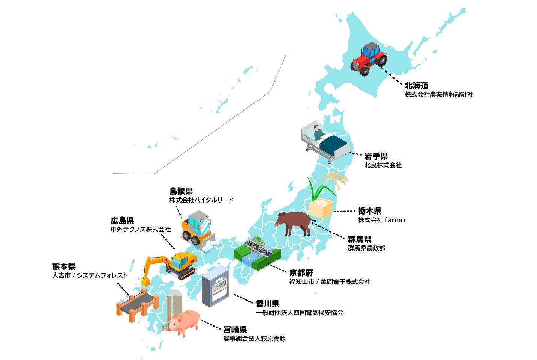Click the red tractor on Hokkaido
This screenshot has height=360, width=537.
tap(368, 59)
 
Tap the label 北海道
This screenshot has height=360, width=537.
tap(416, 85)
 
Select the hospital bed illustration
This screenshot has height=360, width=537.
tap(325, 143)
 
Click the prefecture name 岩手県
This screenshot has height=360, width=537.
tap(376, 156)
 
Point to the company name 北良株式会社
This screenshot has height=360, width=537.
tap(383, 165)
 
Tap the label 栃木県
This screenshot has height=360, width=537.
tap(369, 211)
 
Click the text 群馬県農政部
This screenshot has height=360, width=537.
tap(366, 248)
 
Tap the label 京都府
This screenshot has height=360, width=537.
tap(301, 272)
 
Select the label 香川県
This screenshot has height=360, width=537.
tap(268, 303)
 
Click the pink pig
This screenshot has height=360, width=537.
tap(184, 322)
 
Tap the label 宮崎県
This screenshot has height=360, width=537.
tap(235, 330)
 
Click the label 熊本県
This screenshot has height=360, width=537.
tap(64, 266)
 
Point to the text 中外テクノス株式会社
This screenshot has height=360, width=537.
tap(141, 229)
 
